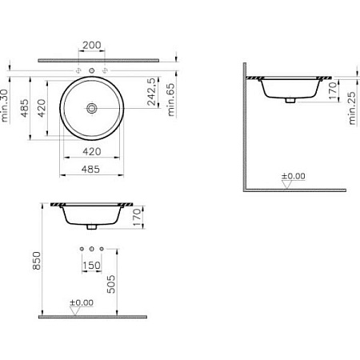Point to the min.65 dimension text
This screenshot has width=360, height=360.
170,100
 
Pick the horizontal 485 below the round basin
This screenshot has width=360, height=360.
94,169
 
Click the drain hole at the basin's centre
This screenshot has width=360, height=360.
94,106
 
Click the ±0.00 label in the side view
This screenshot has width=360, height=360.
294,175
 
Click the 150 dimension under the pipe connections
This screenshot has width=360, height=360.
94,265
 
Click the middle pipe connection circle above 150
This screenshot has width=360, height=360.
94,248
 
